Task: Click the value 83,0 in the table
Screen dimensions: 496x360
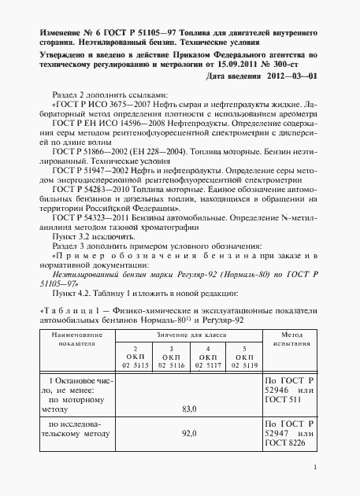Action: coord(187,409)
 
